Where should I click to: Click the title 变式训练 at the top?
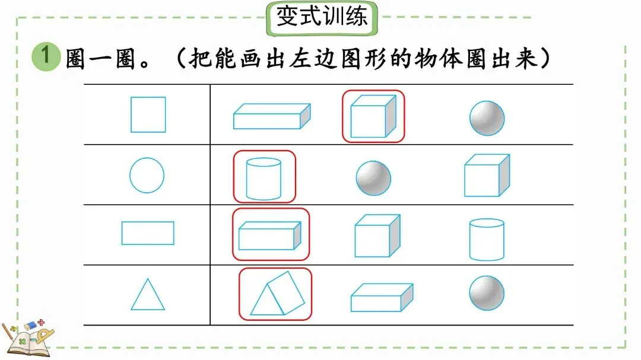tap(322, 17)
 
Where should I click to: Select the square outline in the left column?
tap(148, 114)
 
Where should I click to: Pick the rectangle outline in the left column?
tap(148, 233)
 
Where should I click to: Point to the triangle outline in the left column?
tap(148, 295)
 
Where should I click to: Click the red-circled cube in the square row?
tap(373, 116)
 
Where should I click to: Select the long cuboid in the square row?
tap(272, 116)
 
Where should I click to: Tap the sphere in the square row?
tap(487, 117)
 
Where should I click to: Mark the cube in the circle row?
tap(486, 176)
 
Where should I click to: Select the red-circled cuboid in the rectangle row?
tap(270, 235)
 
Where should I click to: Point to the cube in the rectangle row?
tap(377, 235)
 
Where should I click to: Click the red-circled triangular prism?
tap(275, 294)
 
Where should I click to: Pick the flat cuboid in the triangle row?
tap(381, 297)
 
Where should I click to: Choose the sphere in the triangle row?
tap(487, 293)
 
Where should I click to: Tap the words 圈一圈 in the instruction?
tap(101, 58)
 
